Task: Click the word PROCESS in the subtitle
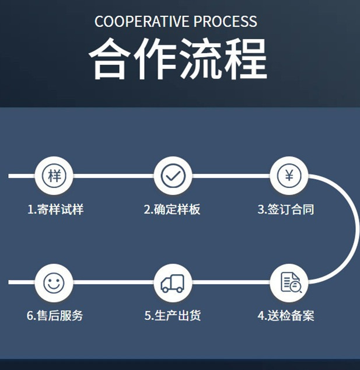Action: pos(225,22)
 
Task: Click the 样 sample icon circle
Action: pos(54,175)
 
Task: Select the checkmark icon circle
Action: pos(173,175)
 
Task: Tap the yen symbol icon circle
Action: pos(289,175)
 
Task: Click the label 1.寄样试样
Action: pos(55,209)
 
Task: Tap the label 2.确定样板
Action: pos(173,209)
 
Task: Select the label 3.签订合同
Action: pos(286,209)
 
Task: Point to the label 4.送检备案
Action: pos(286,316)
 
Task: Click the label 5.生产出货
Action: pos(173,316)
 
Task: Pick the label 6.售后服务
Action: pos(55,316)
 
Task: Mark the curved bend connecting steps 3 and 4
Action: pos(355,229)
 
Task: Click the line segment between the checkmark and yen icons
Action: pos(231,175)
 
